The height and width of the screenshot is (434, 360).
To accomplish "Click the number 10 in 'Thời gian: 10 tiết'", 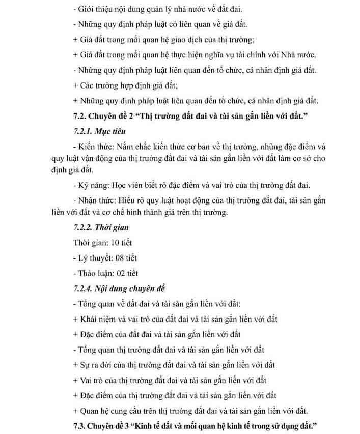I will tap(116, 243).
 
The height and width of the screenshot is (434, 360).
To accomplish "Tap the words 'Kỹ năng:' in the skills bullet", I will tap(95, 185).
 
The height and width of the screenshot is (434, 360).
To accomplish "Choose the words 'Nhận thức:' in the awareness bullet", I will tap(99, 200).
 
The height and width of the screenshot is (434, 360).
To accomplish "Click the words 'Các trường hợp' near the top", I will tap(106, 85).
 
